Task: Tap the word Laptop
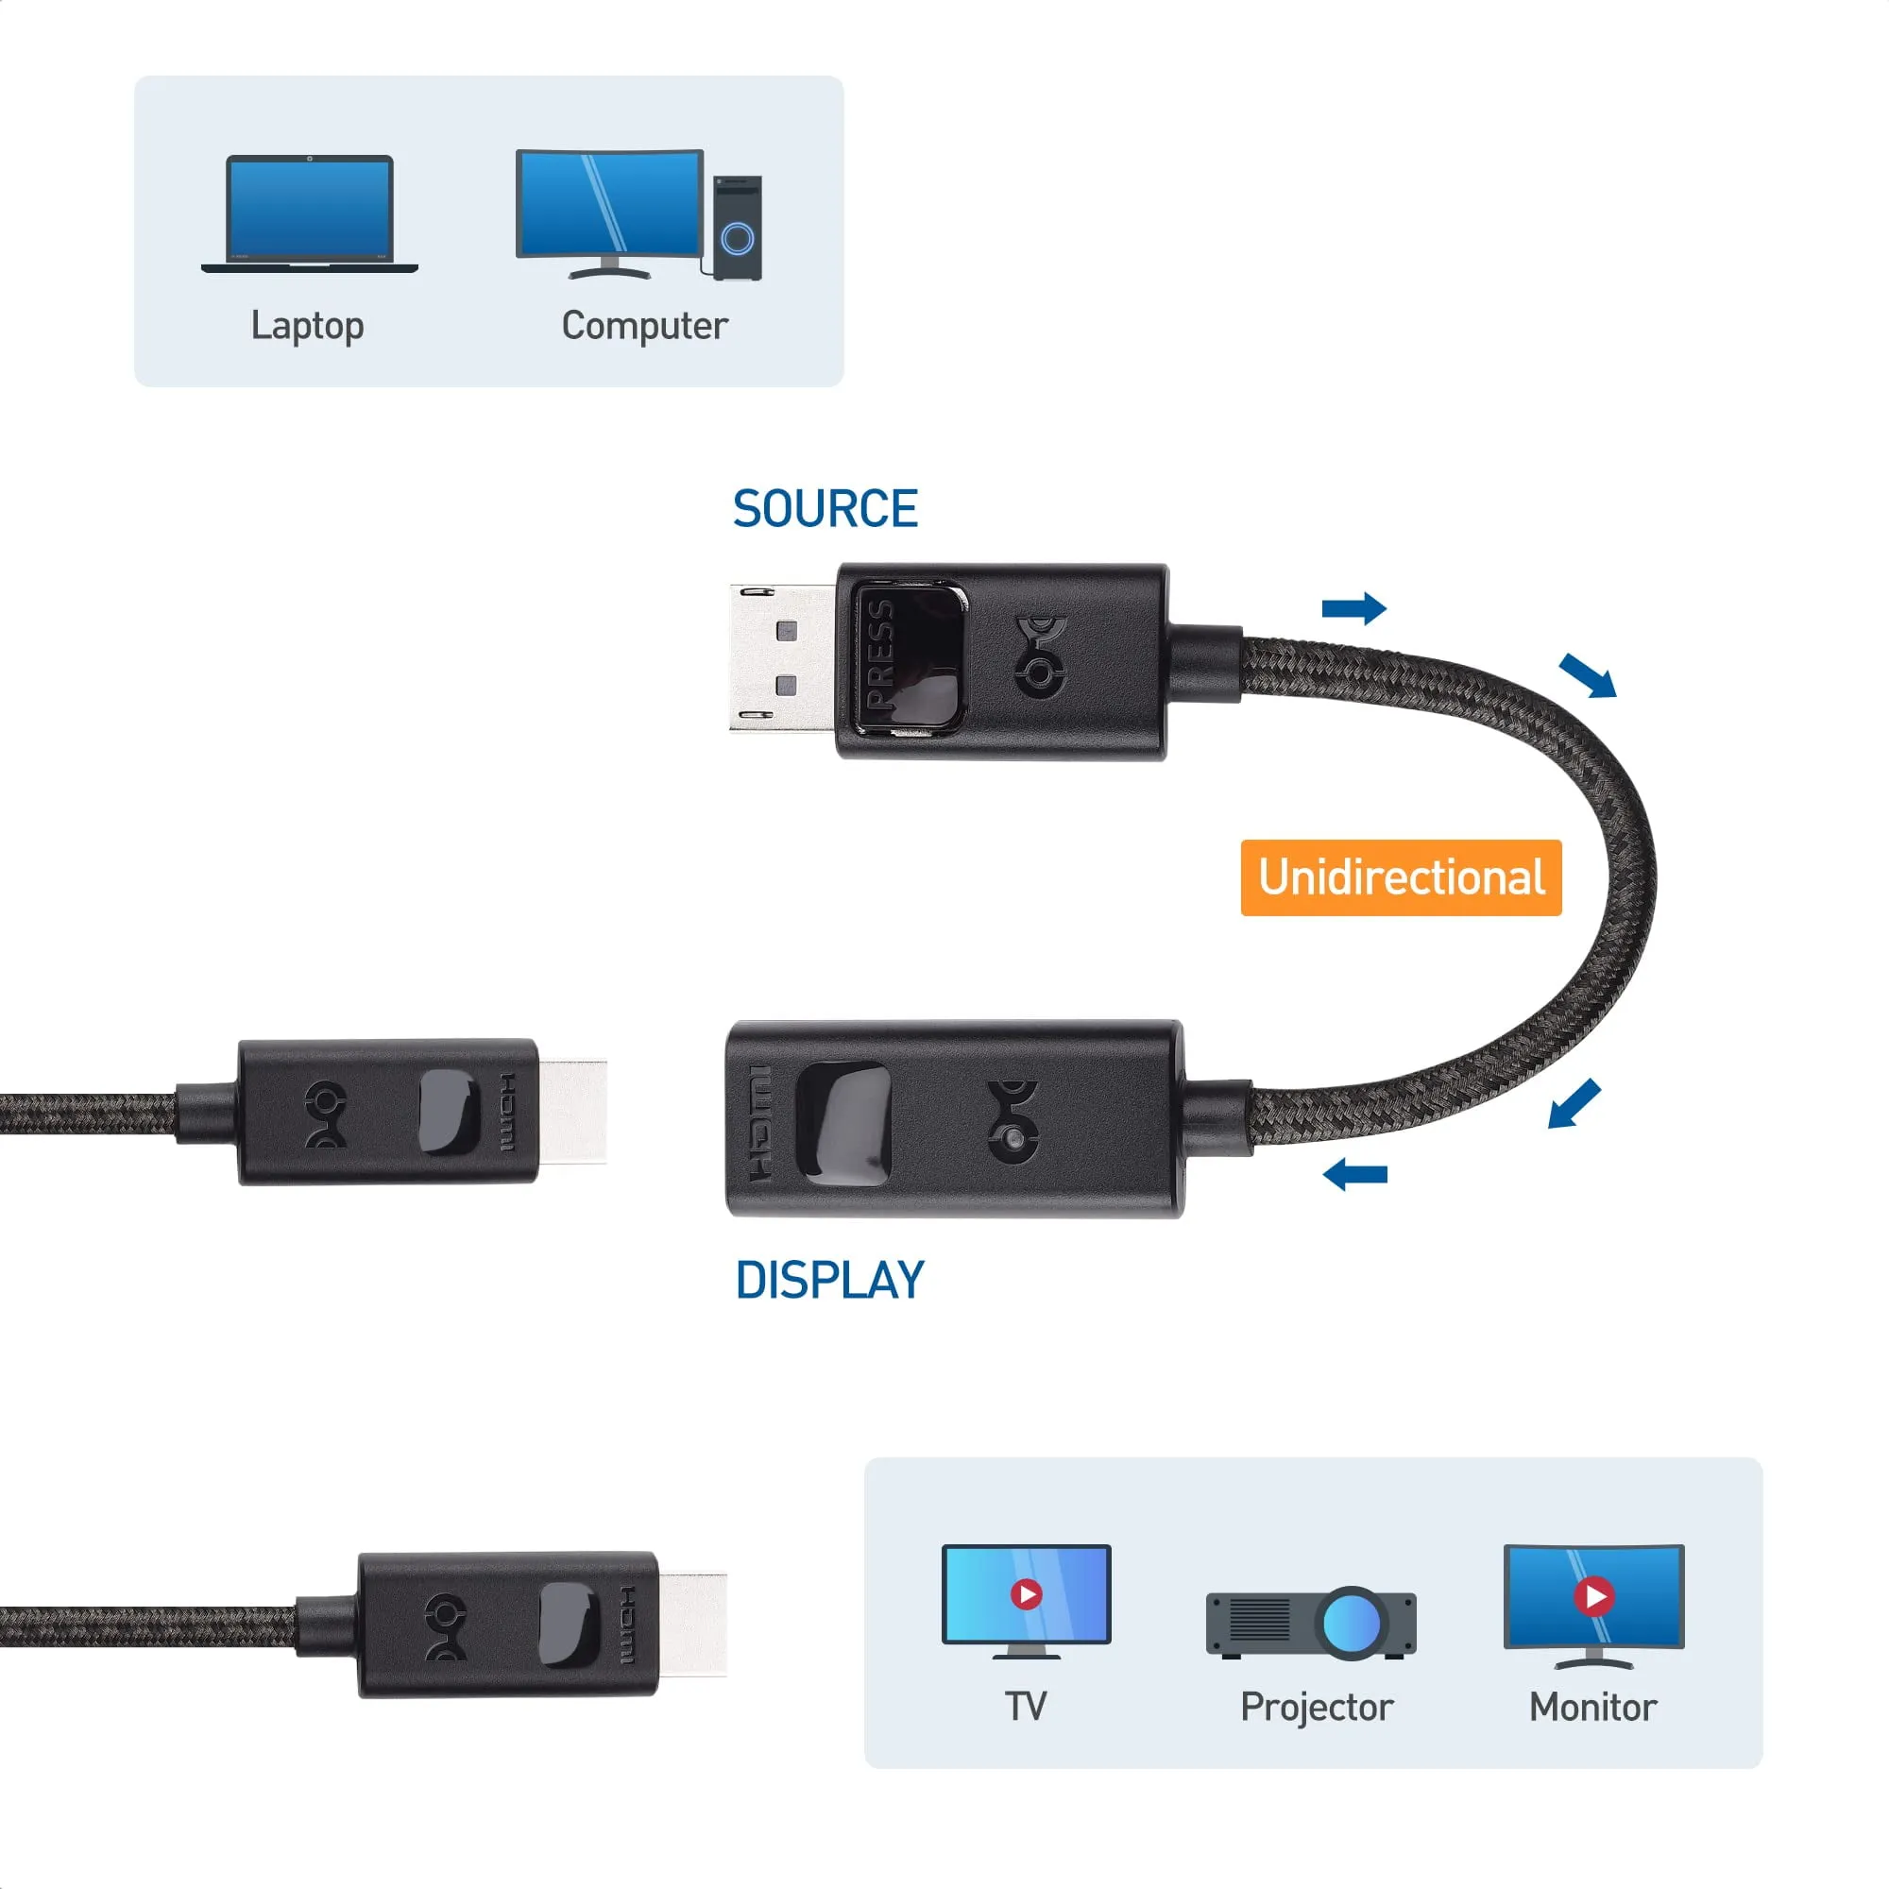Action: (x=307, y=326)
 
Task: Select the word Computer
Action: (x=644, y=326)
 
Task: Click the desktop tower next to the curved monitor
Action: (x=738, y=228)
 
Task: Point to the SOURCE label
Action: (x=825, y=509)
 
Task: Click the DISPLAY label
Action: (x=829, y=1281)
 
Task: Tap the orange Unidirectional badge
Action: (x=1400, y=877)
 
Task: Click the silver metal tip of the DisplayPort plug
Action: (x=780, y=658)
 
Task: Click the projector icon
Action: (x=1310, y=1623)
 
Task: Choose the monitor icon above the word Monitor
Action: (x=1592, y=1605)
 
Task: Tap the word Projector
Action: (x=1316, y=1707)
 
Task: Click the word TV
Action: (x=1026, y=1707)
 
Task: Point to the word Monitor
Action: (x=1591, y=1707)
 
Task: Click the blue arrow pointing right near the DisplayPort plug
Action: (x=1353, y=608)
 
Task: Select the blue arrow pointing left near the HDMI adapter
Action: (x=1354, y=1174)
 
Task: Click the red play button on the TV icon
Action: (x=1026, y=1594)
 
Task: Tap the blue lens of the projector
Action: (x=1352, y=1623)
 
